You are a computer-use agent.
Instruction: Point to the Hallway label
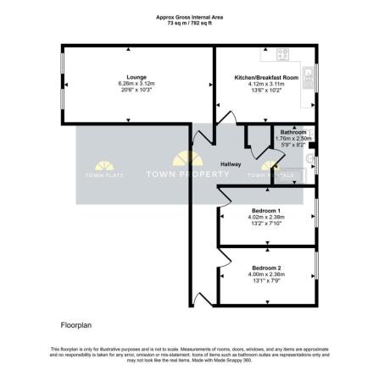click(x=231, y=163)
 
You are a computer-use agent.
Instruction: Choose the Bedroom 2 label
click(x=266, y=268)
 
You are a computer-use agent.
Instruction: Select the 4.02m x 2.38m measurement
click(x=265, y=216)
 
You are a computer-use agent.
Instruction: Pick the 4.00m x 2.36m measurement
click(x=266, y=273)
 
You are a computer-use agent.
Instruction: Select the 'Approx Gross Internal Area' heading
click(x=188, y=15)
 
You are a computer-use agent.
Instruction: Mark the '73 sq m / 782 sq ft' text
click(x=188, y=21)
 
